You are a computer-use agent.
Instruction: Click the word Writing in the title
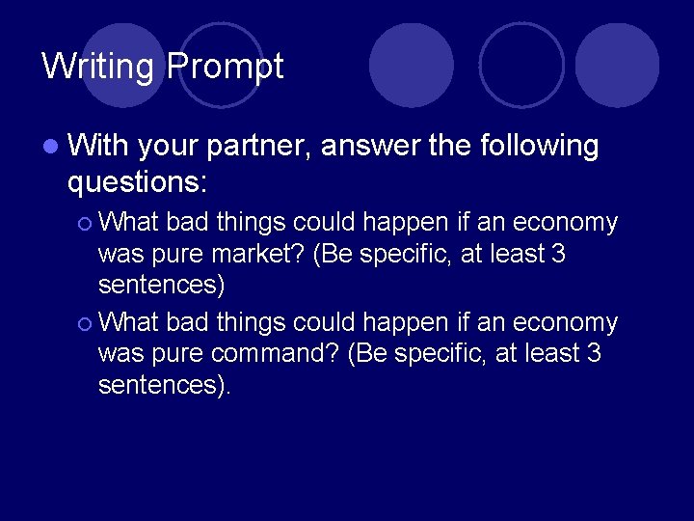click(97, 67)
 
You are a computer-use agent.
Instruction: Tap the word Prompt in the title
click(224, 67)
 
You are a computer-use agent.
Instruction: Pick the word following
click(539, 146)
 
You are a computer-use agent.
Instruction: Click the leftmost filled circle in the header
click(122, 65)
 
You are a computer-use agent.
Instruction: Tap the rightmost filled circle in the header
click(617, 65)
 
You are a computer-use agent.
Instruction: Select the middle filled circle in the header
click(411, 65)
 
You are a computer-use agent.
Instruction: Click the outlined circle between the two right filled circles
click(521, 65)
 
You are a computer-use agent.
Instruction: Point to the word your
click(170, 146)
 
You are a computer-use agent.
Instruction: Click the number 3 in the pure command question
click(593, 354)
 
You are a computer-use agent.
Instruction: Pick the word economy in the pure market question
click(566, 222)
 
